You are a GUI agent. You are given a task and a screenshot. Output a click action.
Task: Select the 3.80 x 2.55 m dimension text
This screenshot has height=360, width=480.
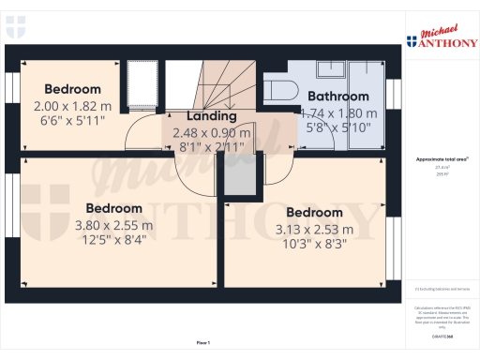pos(114,225)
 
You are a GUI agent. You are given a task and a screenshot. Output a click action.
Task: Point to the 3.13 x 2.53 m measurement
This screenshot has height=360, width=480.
pos(314,229)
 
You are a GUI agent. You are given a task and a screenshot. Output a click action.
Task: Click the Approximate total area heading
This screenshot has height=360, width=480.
pos(440,159)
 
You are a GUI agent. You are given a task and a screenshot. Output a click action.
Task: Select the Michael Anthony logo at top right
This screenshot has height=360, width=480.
pos(440,37)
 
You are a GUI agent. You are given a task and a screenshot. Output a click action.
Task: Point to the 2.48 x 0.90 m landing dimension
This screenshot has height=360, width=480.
pos(213,133)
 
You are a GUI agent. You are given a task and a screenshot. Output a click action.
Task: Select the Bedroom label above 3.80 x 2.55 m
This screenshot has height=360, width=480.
pos(114,207)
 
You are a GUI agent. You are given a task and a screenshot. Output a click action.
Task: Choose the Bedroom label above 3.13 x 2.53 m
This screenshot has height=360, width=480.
pos(314,212)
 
